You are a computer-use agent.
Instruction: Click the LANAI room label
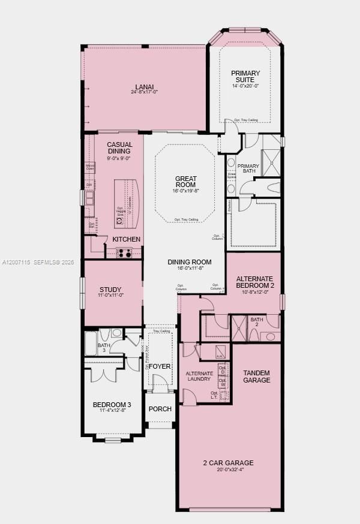tap(144, 86)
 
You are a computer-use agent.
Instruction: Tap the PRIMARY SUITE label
tap(245, 76)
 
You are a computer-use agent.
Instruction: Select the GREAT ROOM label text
tap(185, 182)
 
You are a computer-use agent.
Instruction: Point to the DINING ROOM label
tap(190, 261)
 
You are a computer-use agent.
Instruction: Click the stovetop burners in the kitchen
tap(124, 253)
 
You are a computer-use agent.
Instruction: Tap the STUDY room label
tap(110, 290)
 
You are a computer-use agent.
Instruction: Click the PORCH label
tap(160, 409)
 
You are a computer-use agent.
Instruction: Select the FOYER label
tap(160, 366)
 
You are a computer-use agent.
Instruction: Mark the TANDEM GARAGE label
tap(256, 377)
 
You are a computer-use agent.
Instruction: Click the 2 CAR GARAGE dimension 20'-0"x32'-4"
tap(227, 470)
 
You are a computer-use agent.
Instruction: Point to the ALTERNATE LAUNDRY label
tap(199, 376)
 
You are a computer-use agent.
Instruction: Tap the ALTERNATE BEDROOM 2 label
tap(254, 282)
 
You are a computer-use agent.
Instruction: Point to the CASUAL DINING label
tap(119, 148)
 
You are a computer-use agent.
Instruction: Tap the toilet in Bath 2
tap(270, 336)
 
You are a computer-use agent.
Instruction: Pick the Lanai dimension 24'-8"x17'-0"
tap(144, 92)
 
